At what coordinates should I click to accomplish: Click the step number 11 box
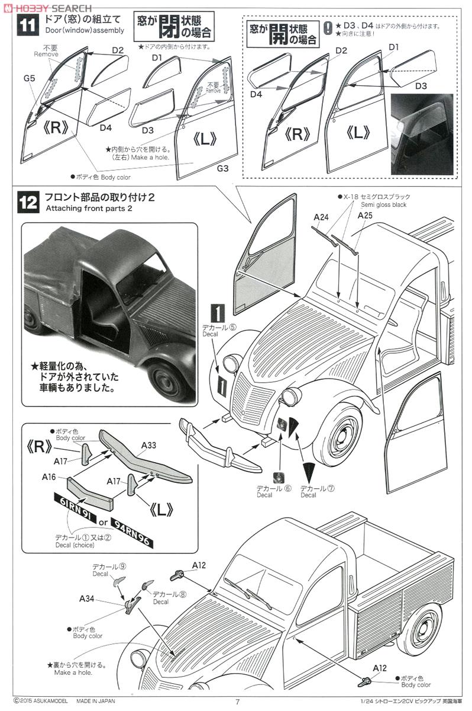(27, 26)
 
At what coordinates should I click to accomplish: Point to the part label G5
(29, 77)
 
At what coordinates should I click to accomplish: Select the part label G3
(222, 168)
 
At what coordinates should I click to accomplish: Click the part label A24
(320, 217)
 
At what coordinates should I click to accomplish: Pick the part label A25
(365, 215)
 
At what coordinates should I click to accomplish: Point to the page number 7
(237, 702)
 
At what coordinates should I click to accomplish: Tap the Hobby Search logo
(47, 8)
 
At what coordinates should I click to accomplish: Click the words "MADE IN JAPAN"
(95, 701)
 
